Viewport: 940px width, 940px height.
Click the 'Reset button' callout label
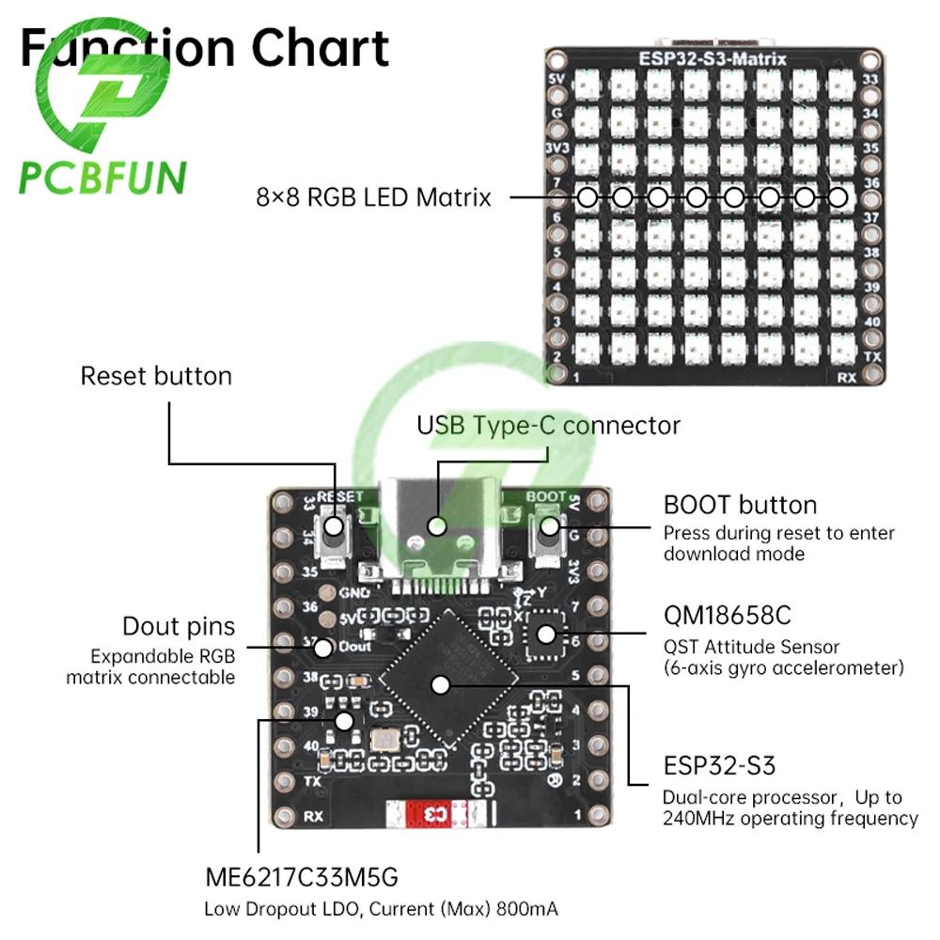[x=155, y=376]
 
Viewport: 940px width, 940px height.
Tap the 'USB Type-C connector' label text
[x=548, y=425]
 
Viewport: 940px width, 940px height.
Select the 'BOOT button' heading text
[x=740, y=505]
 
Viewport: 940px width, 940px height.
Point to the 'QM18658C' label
[x=727, y=616]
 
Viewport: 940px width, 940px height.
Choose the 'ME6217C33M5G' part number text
[x=302, y=878]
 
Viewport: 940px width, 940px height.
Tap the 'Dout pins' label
[x=179, y=626]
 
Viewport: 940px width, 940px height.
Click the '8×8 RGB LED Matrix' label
[x=373, y=197]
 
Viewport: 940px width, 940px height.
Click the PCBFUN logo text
[x=103, y=177]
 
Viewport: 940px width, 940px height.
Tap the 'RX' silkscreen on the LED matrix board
[x=846, y=378]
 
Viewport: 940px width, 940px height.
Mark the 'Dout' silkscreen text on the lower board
[x=357, y=646]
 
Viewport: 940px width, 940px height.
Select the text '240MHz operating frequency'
[x=790, y=819]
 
